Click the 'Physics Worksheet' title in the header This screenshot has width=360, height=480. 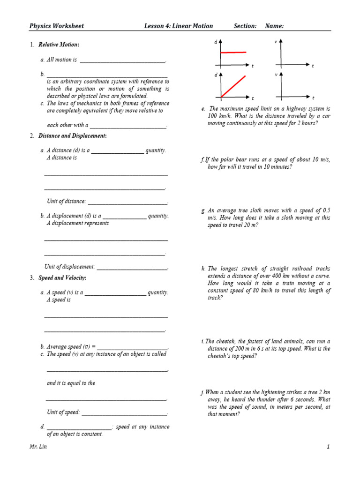pyautogui.click(x=57, y=26)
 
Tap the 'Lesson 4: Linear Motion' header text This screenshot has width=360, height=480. pyautogui.click(x=178, y=26)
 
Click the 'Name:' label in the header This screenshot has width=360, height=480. pyautogui.click(x=274, y=26)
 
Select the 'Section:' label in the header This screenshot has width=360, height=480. pyautogui.click(x=245, y=26)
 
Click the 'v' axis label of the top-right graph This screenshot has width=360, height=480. pyautogui.click(x=276, y=42)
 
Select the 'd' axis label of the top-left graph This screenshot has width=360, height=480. pyautogui.click(x=216, y=42)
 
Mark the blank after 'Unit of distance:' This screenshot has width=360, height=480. pyautogui.click(x=127, y=202)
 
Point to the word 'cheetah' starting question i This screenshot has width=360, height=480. pyautogui.click(x=227, y=341)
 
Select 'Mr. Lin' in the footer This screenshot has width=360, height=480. pyautogui.click(x=38, y=447)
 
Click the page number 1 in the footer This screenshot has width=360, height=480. pyautogui.click(x=329, y=447)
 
